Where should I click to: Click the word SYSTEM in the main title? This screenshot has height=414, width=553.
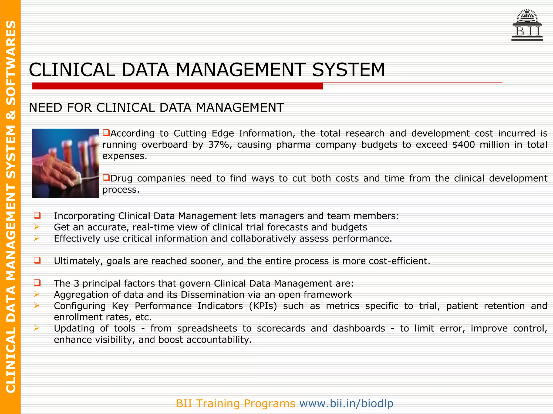349,70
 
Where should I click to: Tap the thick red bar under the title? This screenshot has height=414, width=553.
177,86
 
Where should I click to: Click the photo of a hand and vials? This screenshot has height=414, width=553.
66,163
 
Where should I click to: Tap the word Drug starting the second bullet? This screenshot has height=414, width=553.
121,178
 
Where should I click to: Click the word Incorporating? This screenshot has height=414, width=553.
85,216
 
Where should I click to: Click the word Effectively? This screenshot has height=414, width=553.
77,239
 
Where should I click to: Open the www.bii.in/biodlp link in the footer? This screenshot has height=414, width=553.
346,403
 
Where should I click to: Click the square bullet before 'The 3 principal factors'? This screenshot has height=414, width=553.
37,283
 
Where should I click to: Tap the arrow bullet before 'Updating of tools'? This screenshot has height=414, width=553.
37,328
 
